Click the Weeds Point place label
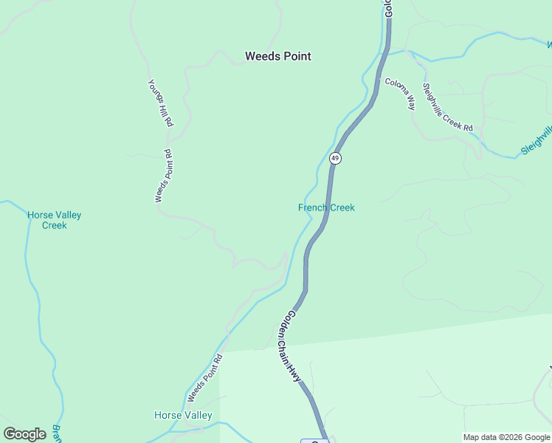277,56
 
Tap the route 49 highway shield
335,158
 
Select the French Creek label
326,207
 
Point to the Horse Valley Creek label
54,220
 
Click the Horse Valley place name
183,415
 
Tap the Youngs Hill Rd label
159,103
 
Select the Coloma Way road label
400,94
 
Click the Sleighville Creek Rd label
447,107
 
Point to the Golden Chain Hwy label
290,346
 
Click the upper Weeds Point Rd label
163,176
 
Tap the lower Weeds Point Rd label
204,378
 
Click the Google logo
24,434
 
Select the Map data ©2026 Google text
506,437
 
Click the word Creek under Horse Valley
54,225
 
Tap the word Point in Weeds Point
297,56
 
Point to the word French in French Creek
312,207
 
